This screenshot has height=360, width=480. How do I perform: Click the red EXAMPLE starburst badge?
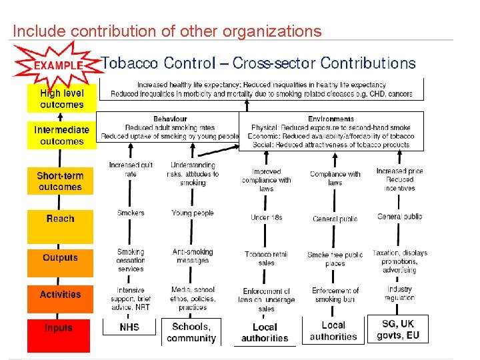[58, 65]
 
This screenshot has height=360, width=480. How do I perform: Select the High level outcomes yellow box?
[61, 99]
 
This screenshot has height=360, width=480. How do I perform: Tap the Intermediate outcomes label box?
[61, 135]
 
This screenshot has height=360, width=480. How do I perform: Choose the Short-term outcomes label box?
[60, 181]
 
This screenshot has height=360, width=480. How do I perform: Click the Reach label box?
[60, 219]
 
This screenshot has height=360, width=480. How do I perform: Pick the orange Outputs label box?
[60, 258]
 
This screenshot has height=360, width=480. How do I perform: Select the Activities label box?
[60, 295]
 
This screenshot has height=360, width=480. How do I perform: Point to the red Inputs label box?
[59, 328]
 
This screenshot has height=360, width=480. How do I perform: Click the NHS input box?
[129, 328]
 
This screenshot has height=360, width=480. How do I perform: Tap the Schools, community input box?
[191, 332]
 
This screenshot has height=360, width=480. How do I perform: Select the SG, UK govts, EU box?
[398, 329]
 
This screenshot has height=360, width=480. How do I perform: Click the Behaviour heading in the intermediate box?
[170, 119]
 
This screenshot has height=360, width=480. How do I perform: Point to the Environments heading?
[331, 119]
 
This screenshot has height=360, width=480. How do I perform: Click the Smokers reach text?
[131, 213]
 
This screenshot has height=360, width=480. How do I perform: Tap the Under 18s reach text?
[266, 217]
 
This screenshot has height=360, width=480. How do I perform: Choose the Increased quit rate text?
[131, 169]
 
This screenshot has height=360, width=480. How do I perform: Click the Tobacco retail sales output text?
[266, 258]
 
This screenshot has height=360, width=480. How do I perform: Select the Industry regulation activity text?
[399, 293]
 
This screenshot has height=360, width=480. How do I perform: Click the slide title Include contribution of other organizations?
[167, 31]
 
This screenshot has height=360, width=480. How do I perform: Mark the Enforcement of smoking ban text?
[335, 295]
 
